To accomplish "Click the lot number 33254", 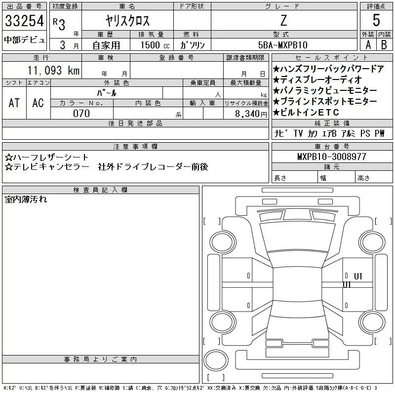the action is click(x=24, y=21).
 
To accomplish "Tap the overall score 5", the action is click(x=376, y=20).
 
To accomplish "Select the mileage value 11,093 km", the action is click(x=53, y=70).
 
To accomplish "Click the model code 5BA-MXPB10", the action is click(x=282, y=45).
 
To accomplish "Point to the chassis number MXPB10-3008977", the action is click(x=331, y=157).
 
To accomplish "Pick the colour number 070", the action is click(x=81, y=114).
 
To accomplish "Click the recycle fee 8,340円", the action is click(x=251, y=114).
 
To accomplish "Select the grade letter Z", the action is click(x=283, y=20).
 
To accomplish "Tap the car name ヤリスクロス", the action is click(x=127, y=21).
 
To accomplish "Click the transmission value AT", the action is click(x=14, y=103).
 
